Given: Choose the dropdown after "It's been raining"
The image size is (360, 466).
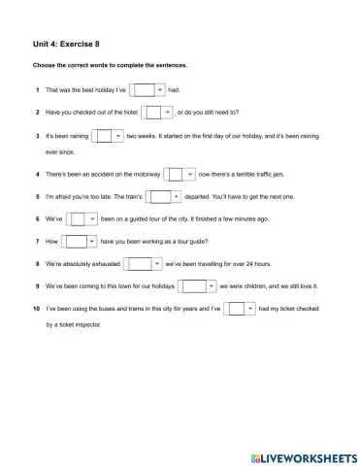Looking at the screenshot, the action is click(109, 136).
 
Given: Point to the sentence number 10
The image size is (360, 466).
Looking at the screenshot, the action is click(36, 308).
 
